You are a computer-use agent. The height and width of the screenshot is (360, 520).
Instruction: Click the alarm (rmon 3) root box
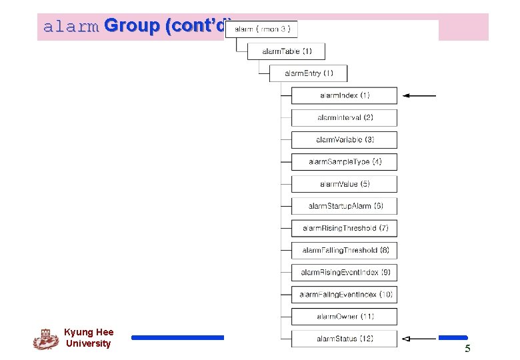(261, 29)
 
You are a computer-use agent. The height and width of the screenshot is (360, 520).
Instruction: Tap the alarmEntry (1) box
(308, 73)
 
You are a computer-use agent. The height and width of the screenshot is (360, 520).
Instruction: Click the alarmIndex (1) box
(344, 95)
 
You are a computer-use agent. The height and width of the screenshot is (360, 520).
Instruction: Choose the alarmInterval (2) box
(344, 117)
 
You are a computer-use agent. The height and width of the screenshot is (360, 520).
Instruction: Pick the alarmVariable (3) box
(344, 139)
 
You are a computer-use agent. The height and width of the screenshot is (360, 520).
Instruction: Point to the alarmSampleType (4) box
(344, 161)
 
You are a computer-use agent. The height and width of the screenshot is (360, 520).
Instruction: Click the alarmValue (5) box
(344, 183)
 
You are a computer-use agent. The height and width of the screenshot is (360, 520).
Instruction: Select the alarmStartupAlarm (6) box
(344, 206)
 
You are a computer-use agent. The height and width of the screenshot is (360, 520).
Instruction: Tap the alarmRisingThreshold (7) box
(344, 228)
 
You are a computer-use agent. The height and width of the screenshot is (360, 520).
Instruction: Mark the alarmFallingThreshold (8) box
(344, 250)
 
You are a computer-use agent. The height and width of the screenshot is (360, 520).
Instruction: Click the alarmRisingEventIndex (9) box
(344, 272)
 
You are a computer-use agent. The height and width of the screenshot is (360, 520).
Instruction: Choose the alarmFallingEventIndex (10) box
(344, 294)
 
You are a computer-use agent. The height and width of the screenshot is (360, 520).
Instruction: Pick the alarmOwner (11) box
(344, 316)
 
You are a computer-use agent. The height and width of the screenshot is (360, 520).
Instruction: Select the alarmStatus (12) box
(344, 339)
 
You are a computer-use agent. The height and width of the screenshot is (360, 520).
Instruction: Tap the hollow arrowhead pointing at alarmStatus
(407, 339)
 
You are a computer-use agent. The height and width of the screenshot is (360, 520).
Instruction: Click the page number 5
(467, 349)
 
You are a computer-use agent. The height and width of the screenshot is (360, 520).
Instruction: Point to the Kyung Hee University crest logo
(45, 339)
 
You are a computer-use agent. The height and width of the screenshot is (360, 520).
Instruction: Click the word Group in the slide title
(132, 27)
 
